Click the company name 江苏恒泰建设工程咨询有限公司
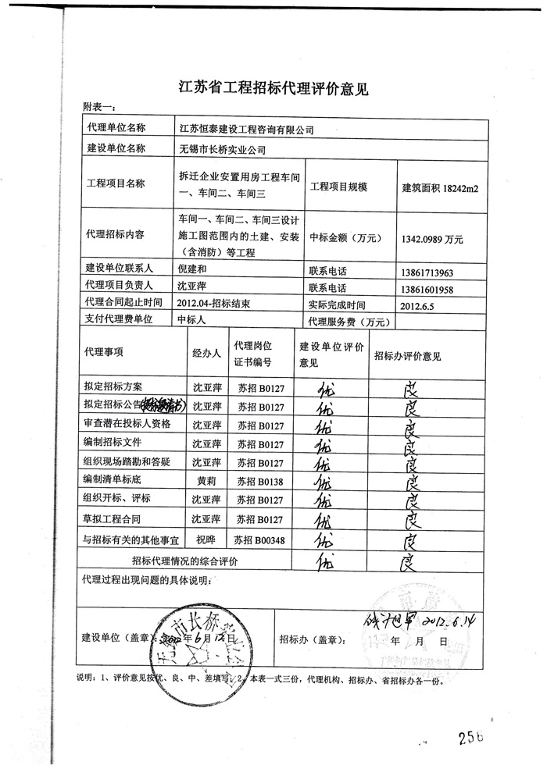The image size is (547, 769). click(246, 129)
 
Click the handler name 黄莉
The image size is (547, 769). click(208, 479)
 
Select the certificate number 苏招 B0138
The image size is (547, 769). click(261, 479)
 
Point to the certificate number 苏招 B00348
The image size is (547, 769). click(262, 539)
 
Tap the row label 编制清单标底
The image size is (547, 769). click(114, 479)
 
